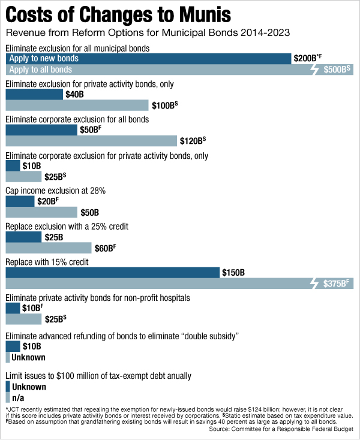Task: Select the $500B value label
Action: tap(337, 70)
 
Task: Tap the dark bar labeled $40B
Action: tap(34, 94)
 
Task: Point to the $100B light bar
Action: tap(77, 106)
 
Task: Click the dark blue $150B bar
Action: tap(112, 273)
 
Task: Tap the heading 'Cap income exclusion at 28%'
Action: tap(56, 191)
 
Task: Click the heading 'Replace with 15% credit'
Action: tap(47, 262)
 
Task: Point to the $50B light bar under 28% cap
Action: tap(41, 212)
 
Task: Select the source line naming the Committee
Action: tap(281, 430)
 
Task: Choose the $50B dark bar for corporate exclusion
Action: tap(41, 130)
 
